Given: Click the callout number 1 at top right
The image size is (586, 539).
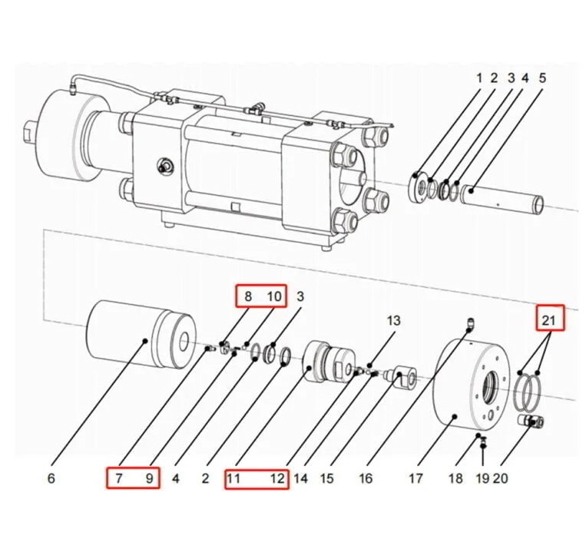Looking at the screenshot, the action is click(479, 78).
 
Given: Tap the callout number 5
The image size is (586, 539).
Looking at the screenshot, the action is click(542, 78).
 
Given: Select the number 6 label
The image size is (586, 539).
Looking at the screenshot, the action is click(51, 478).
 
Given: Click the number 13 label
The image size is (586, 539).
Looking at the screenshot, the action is click(393, 320).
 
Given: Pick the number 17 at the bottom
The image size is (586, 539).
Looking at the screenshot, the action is click(415, 478).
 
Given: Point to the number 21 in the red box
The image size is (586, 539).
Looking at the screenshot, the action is click(548, 320).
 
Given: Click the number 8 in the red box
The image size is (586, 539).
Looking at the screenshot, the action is click(248, 296).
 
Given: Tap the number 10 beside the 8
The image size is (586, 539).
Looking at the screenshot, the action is click(274, 296).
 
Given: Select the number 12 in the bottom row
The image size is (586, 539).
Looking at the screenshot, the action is click(278, 478).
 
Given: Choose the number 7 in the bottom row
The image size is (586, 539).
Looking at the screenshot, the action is click(119, 478).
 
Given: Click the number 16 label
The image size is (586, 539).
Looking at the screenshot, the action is click(366, 478).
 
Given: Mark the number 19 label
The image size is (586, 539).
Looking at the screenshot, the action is click(483, 478).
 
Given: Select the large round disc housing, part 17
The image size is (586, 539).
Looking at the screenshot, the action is click(472, 382).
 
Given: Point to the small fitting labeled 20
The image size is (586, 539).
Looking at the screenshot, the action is click(531, 421).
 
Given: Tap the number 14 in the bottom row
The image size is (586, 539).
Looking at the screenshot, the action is click(300, 478).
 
